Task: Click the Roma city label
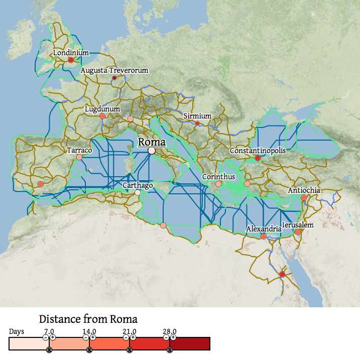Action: click(152, 142)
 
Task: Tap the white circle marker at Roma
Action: click(152, 151)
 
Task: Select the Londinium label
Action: click(71, 52)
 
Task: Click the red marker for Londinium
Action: click(71, 60)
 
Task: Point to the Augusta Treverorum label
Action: click(114, 70)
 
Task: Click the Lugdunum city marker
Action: click(102, 116)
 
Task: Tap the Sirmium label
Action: click(197, 116)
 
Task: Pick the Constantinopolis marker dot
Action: click(258, 158)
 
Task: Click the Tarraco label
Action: click(79, 150)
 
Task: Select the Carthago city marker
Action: click(138, 192)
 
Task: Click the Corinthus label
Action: click(218, 177)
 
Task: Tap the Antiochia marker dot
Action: click(304, 198)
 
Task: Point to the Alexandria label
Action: click(264, 229)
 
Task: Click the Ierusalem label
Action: click(298, 225)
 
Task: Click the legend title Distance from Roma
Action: click(88, 319)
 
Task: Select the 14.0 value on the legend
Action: click(89, 331)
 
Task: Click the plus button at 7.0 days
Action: click(53, 337)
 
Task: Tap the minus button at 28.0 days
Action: click(166, 337)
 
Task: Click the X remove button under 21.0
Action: click(130, 350)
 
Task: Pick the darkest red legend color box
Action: click(190, 344)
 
